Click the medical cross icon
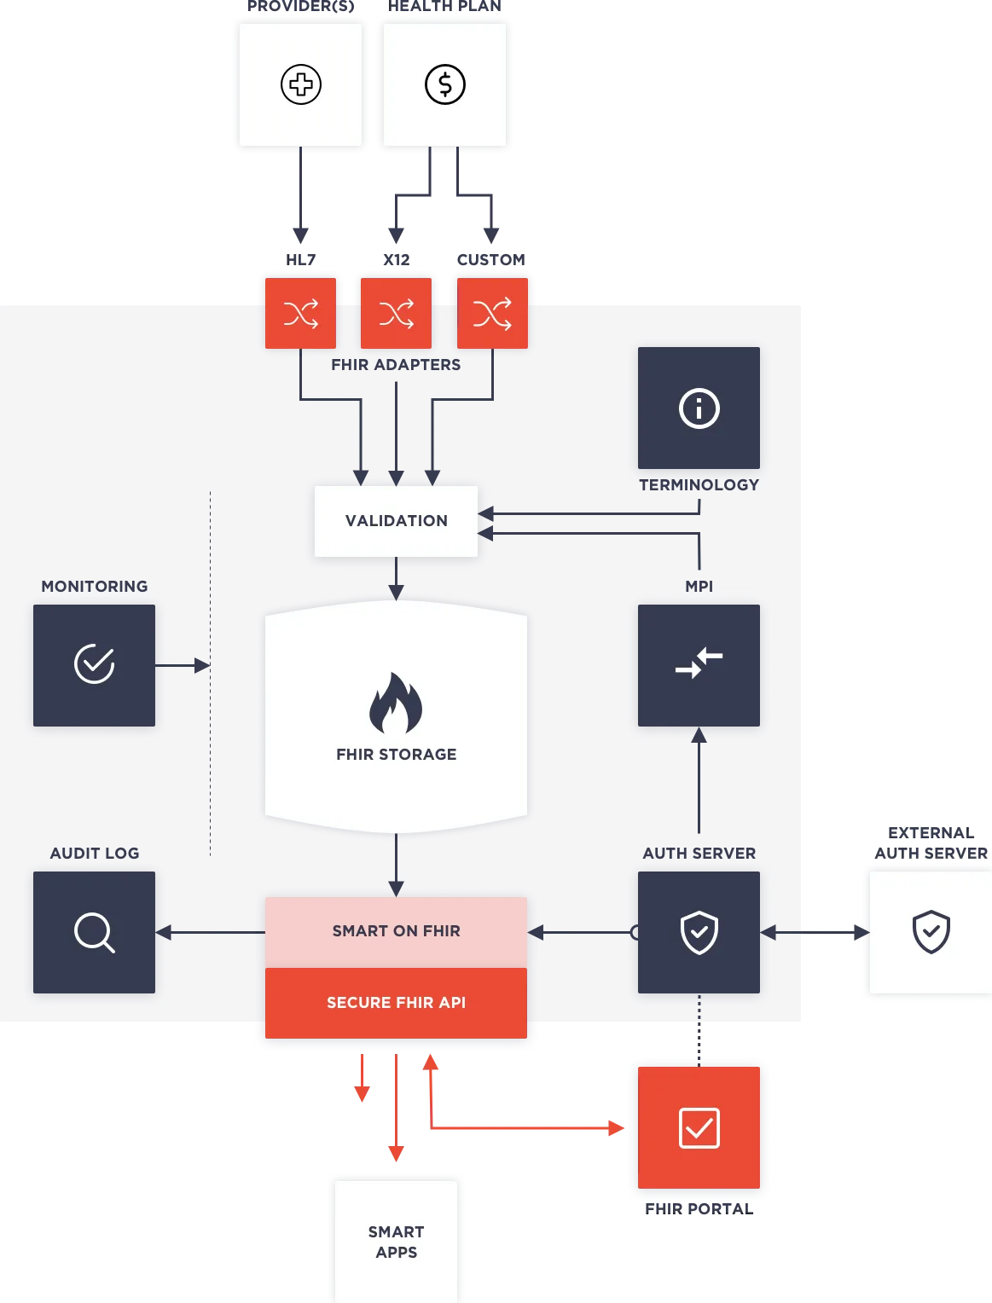(x=300, y=84)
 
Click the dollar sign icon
(x=445, y=84)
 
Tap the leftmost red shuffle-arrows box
(x=300, y=314)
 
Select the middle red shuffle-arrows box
(x=397, y=314)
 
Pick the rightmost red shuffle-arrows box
(x=492, y=314)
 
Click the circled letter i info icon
(x=699, y=408)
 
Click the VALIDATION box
(x=396, y=521)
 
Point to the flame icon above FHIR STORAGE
(x=396, y=703)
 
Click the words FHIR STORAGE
(x=396, y=755)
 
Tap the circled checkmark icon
(x=94, y=664)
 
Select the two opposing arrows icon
(x=699, y=663)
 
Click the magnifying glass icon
(x=94, y=932)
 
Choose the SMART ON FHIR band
(x=396, y=931)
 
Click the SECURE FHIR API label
(x=396, y=1003)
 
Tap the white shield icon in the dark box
(x=699, y=932)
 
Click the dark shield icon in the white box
(x=931, y=932)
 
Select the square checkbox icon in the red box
(x=699, y=1128)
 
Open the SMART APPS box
(x=396, y=1242)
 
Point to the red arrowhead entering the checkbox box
(x=617, y=1129)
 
